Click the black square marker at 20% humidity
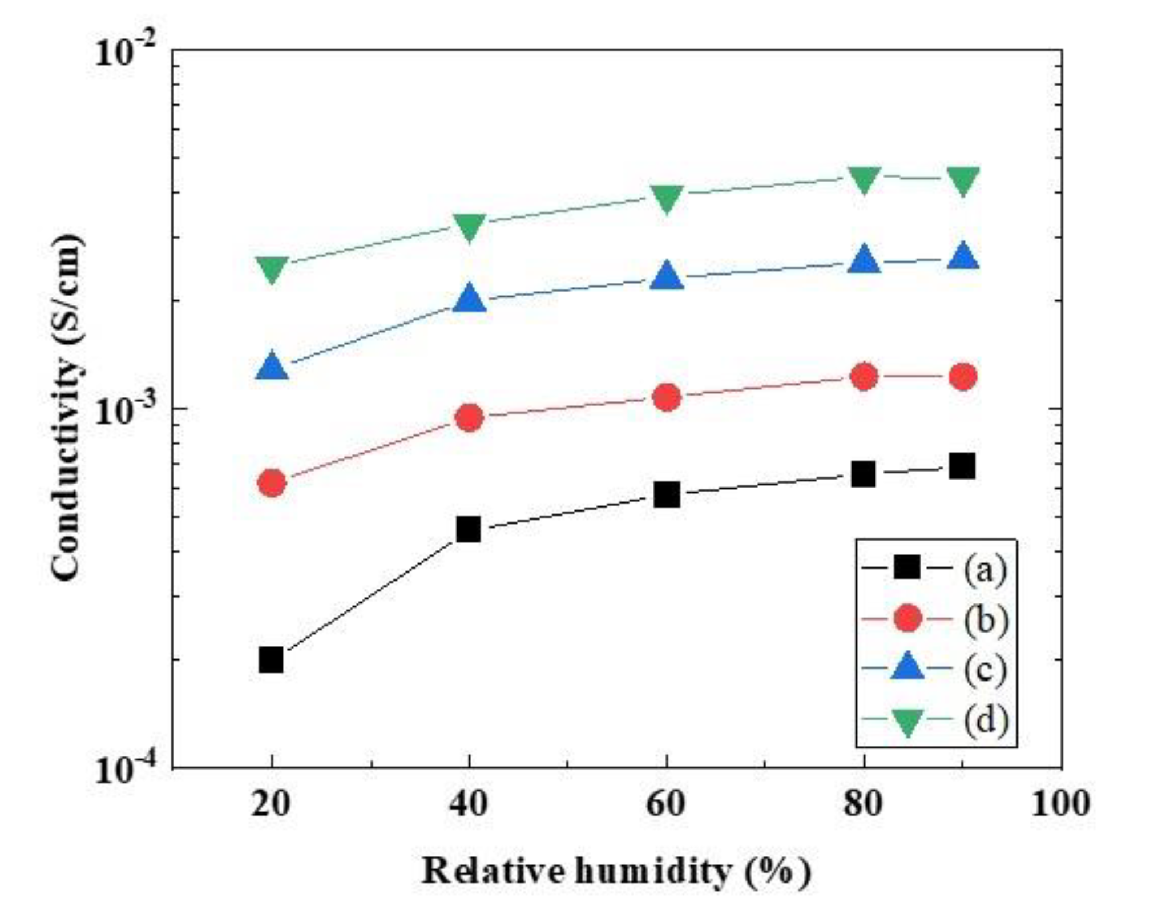(271, 659)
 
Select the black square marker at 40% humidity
(469, 529)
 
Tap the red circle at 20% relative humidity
(272, 483)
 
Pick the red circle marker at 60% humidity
(667, 397)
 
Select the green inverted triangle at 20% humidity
(272, 268)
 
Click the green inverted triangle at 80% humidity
(864, 179)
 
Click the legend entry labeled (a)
(985, 569)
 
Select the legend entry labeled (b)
(986, 619)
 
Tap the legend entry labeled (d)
(986, 719)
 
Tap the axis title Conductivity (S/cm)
(67, 408)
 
